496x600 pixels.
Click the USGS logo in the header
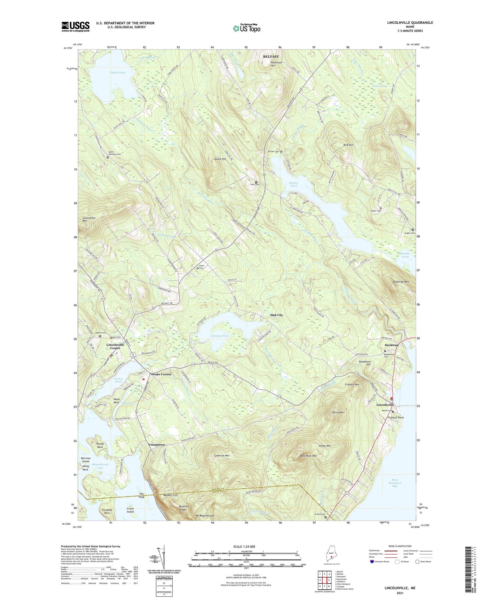pos(76,26)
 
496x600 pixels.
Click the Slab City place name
pos(276,315)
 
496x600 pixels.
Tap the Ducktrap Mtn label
pos(400,282)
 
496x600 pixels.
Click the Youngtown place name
pos(157,445)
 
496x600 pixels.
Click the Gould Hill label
pos(220,159)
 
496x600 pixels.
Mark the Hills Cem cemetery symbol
pos(256,182)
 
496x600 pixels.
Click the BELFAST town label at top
pos(271,56)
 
